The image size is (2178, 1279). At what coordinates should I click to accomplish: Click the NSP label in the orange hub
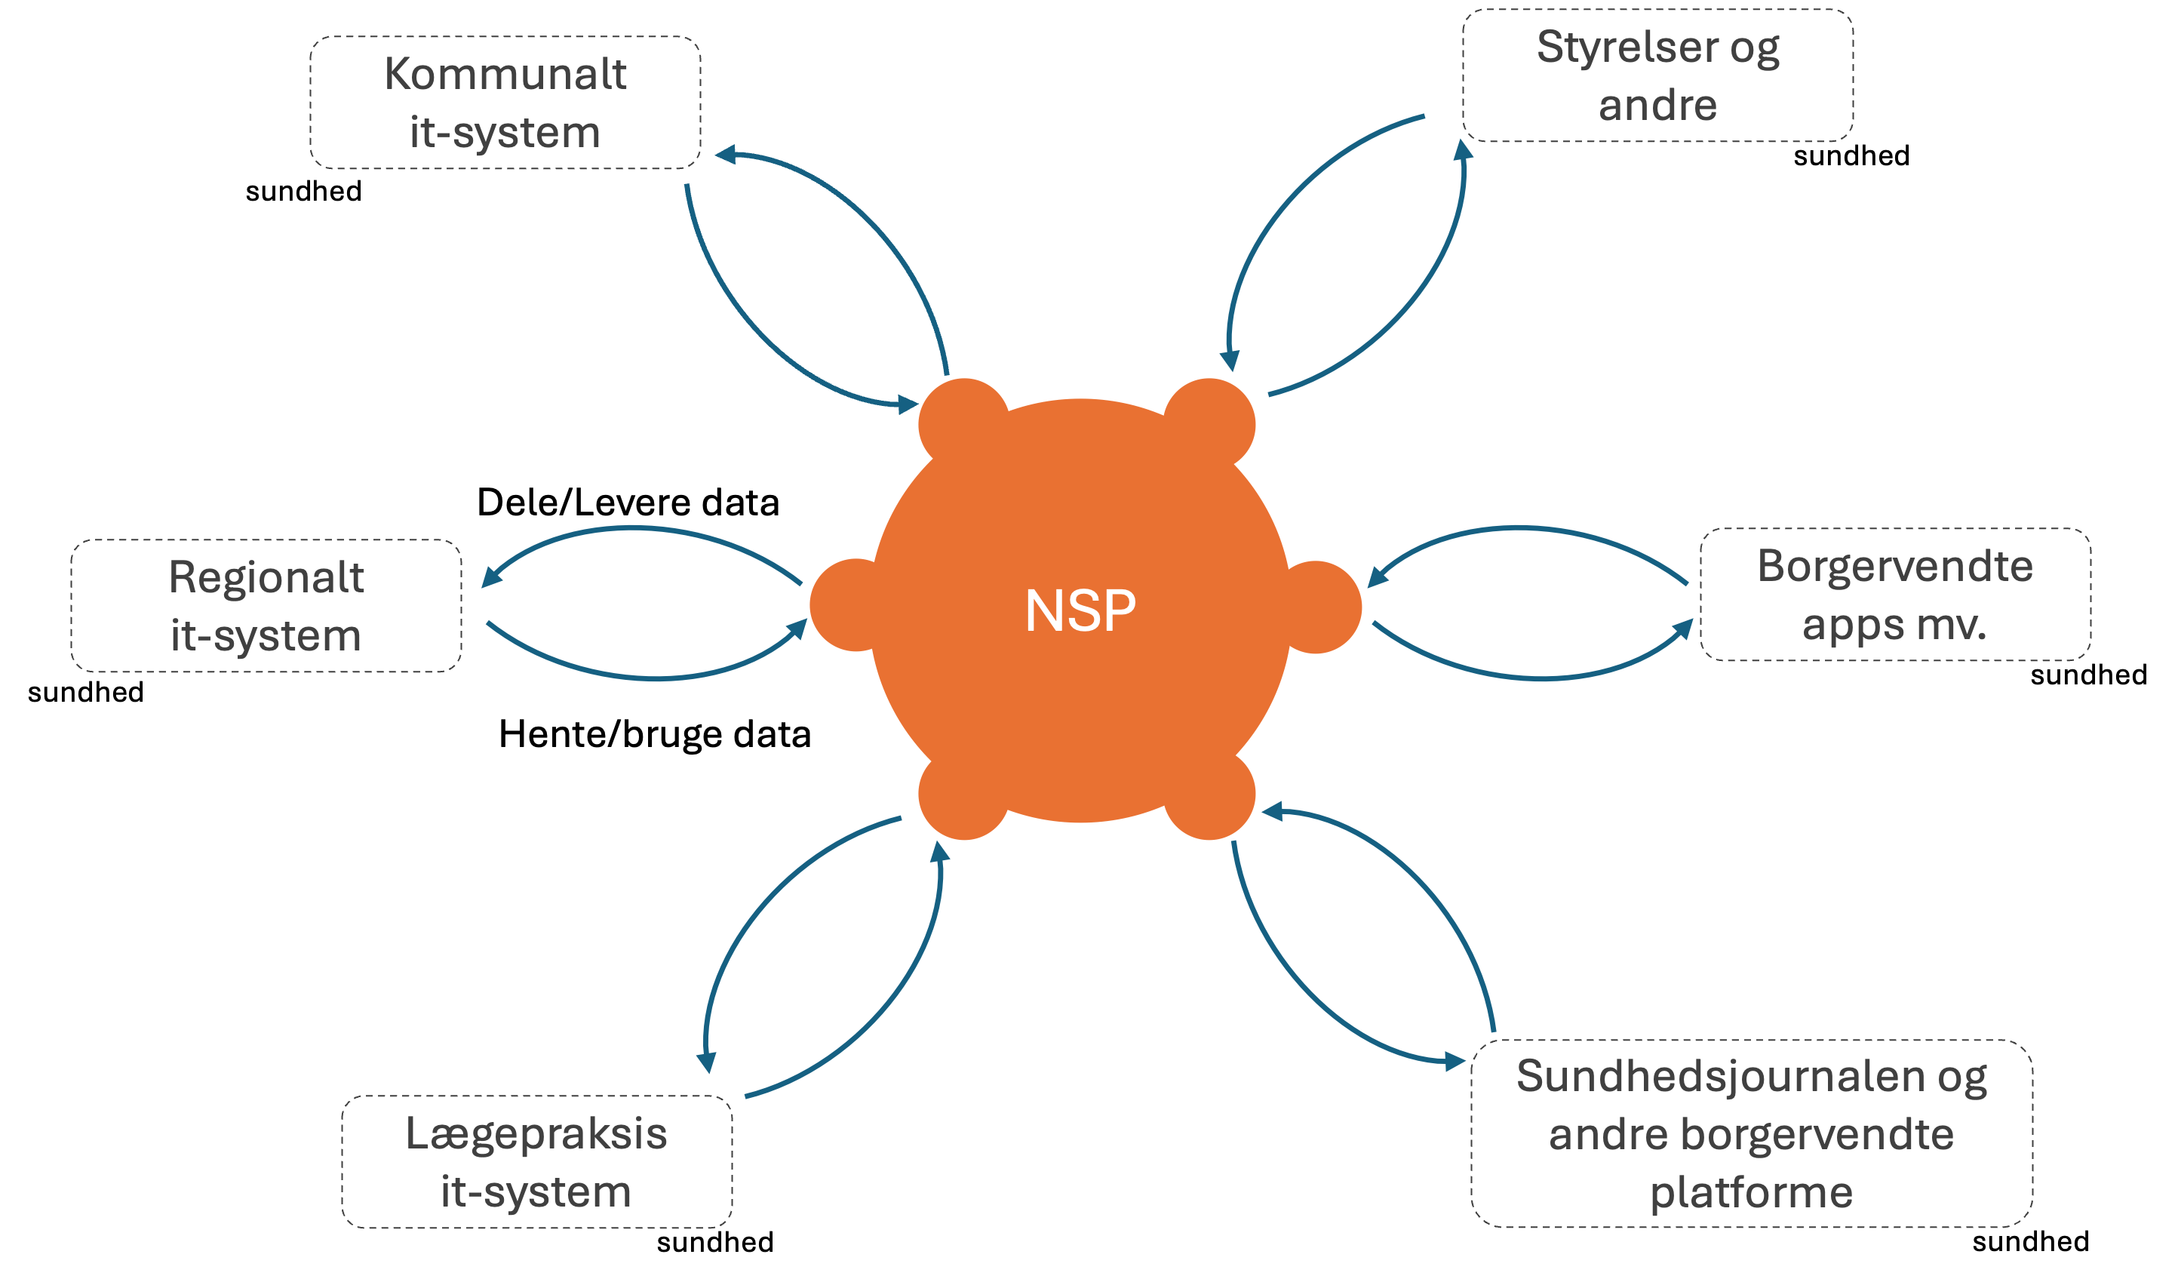coord(1080,611)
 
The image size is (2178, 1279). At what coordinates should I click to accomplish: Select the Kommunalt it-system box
coord(505,103)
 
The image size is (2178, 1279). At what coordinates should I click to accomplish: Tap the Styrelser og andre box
coord(1657,76)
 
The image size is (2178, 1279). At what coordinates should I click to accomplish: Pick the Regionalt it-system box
coord(266,606)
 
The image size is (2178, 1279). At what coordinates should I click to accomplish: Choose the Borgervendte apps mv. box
coord(1894,595)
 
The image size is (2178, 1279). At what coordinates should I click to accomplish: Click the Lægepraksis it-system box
coord(536,1161)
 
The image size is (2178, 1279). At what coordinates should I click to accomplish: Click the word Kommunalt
coord(505,74)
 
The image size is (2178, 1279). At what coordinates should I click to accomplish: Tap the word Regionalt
coord(266,577)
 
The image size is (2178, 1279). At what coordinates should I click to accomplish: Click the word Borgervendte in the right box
coord(1894,567)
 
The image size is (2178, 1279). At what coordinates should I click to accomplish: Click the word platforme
coord(1751,1191)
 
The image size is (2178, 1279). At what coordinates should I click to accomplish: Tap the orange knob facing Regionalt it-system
coord(851,605)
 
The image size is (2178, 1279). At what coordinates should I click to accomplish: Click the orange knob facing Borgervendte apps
coord(1318,607)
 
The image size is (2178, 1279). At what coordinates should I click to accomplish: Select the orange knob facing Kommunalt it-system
coord(963,423)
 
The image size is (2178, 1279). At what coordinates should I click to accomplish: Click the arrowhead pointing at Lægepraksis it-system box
coord(707,1062)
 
